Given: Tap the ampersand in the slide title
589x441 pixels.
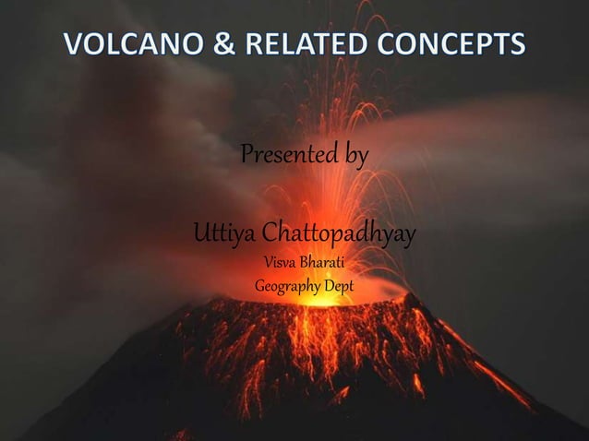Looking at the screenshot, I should pos(216,43).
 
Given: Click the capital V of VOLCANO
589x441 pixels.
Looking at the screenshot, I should pos(73,43).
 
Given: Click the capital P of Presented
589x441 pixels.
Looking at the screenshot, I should pos(246,155).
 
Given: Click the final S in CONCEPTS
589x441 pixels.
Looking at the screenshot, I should pos(518,43).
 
